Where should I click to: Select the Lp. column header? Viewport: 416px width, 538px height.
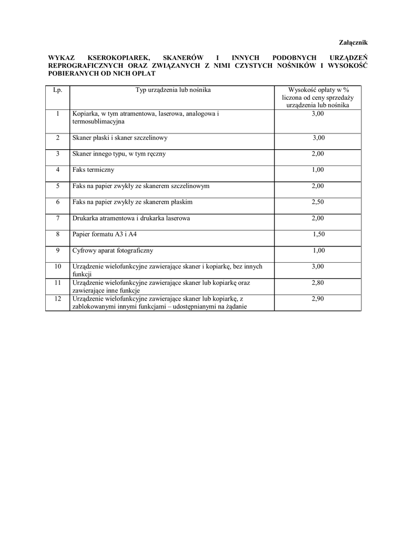coord(58,90)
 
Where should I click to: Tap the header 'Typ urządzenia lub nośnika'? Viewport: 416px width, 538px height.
coord(173,90)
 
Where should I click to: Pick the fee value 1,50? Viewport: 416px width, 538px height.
coord(318,234)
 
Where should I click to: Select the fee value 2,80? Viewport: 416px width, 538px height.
coord(318,283)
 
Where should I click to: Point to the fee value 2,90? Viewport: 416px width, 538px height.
coord(318,299)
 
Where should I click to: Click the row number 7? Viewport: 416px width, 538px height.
coord(58,218)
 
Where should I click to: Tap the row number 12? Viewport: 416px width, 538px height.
coord(58,299)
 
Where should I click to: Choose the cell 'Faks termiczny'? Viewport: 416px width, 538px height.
coord(93,170)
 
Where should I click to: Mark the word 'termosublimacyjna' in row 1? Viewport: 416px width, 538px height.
coord(98,121)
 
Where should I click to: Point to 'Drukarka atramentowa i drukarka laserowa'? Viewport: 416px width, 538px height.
coord(131,218)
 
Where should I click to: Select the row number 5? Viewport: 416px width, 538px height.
coord(58,186)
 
